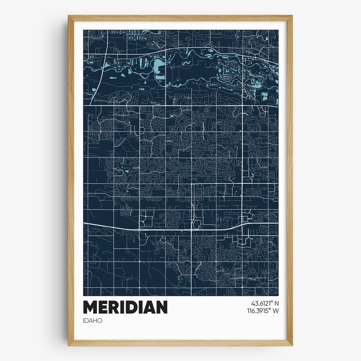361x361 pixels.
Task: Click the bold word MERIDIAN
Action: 125,307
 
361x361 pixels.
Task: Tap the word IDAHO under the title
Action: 93,320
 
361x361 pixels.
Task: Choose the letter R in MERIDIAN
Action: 116,307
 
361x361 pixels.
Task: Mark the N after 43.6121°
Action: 276,304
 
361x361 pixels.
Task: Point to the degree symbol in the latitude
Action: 272,302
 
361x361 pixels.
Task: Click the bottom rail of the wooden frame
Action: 180,343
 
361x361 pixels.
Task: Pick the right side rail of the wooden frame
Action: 290,180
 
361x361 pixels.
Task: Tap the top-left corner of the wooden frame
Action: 70,18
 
